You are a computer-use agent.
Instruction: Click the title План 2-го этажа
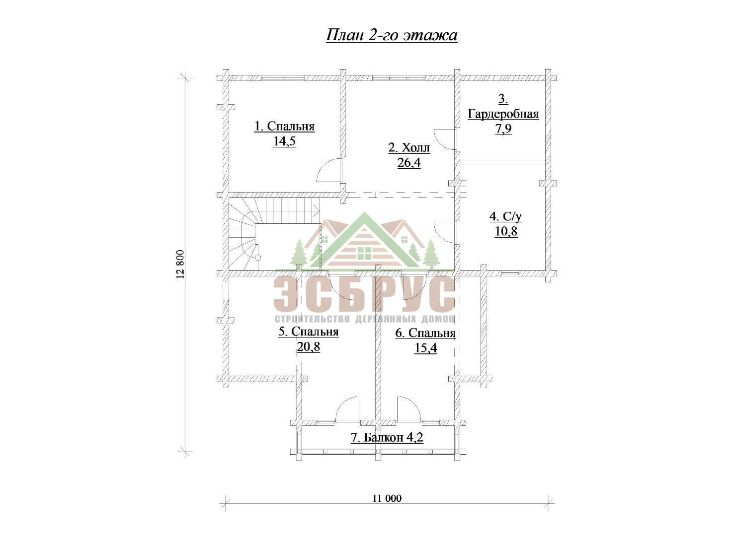click(x=392, y=35)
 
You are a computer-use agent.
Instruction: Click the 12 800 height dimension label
click(x=180, y=264)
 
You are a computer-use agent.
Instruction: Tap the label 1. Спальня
click(x=284, y=126)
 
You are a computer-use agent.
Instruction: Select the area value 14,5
click(x=285, y=141)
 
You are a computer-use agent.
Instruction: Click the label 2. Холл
click(x=409, y=148)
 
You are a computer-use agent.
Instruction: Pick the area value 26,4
click(x=409, y=162)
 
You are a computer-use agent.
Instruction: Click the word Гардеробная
click(x=503, y=114)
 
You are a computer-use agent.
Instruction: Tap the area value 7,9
click(x=503, y=129)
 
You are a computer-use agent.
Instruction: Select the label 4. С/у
click(x=506, y=217)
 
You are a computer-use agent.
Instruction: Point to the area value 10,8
click(x=506, y=232)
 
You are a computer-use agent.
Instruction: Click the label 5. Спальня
click(x=308, y=332)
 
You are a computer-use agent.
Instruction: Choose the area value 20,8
click(x=308, y=347)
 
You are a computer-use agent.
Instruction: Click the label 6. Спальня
click(x=425, y=333)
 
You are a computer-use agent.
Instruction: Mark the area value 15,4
click(x=425, y=348)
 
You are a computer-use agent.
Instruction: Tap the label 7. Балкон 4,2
click(x=387, y=437)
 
